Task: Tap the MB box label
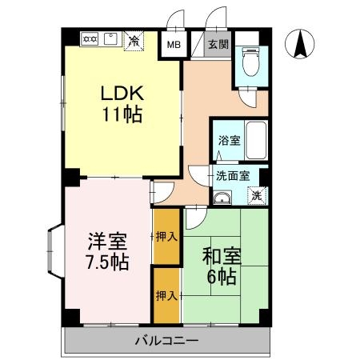[x=173, y=45]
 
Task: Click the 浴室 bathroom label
[x=229, y=140]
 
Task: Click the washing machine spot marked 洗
[x=256, y=194]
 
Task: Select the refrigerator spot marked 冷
[x=135, y=40]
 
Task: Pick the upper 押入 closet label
[x=166, y=237]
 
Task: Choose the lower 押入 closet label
[x=166, y=295]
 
